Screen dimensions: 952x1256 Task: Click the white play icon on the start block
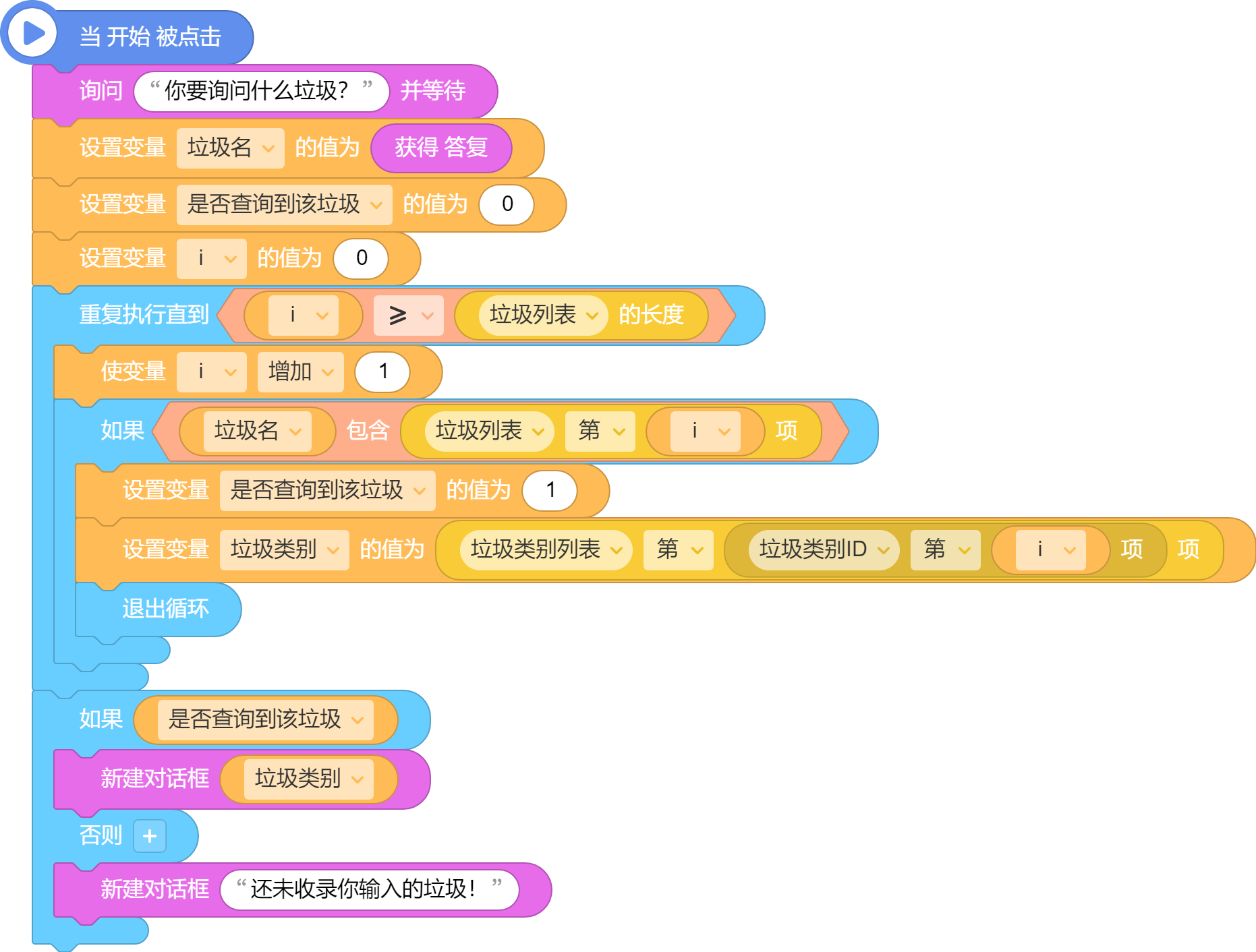click(32, 33)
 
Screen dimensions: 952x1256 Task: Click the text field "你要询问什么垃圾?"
click(260, 91)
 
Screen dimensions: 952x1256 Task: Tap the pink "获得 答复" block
click(440, 148)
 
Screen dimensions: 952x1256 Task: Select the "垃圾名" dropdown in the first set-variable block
click(229, 148)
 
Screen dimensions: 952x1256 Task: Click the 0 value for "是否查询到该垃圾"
click(507, 204)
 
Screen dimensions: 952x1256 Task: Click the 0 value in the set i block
click(361, 258)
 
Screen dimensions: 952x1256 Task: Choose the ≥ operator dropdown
click(408, 315)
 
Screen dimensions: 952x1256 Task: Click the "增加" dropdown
click(300, 371)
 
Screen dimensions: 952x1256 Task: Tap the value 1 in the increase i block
click(382, 371)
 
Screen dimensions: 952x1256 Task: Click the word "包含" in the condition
click(368, 431)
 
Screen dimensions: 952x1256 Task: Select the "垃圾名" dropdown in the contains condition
click(257, 431)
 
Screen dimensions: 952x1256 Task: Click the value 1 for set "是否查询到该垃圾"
click(550, 490)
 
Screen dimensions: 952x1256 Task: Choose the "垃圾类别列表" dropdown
click(545, 549)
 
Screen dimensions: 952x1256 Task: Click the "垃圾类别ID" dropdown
click(823, 549)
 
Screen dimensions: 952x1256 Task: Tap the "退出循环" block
click(165, 609)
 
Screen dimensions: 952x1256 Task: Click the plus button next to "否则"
click(150, 836)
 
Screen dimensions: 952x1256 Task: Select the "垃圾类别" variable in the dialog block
click(308, 779)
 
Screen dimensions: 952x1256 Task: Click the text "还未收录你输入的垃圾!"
click(364, 890)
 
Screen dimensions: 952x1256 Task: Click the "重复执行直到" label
click(144, 315)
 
